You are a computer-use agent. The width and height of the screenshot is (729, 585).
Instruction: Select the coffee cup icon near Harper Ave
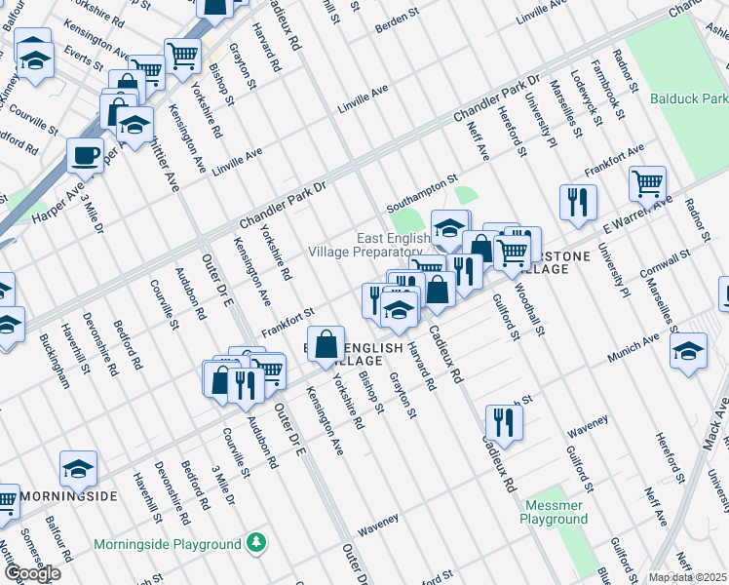pyautogui.click(x=86, y=156)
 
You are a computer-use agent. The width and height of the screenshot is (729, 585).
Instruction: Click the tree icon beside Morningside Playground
pyautogui.click(x=255, y=542)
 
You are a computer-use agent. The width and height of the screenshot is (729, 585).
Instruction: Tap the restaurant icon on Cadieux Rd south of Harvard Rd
pyautogui.click(x=503, y=422)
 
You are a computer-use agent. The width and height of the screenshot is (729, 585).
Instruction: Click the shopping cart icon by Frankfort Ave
pyautogui.click(x=647, y=181)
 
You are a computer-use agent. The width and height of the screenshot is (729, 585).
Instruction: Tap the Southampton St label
pyautogui.click(x=421, y=194)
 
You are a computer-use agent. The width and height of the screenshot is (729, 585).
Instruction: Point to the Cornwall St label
pyautogui.click(x=665, y=263)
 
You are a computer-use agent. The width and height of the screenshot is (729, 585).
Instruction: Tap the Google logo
pyautogui.click(x=31, y=573)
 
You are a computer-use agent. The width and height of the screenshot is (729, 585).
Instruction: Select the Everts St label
pyautogui.click(x=84, y=58)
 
